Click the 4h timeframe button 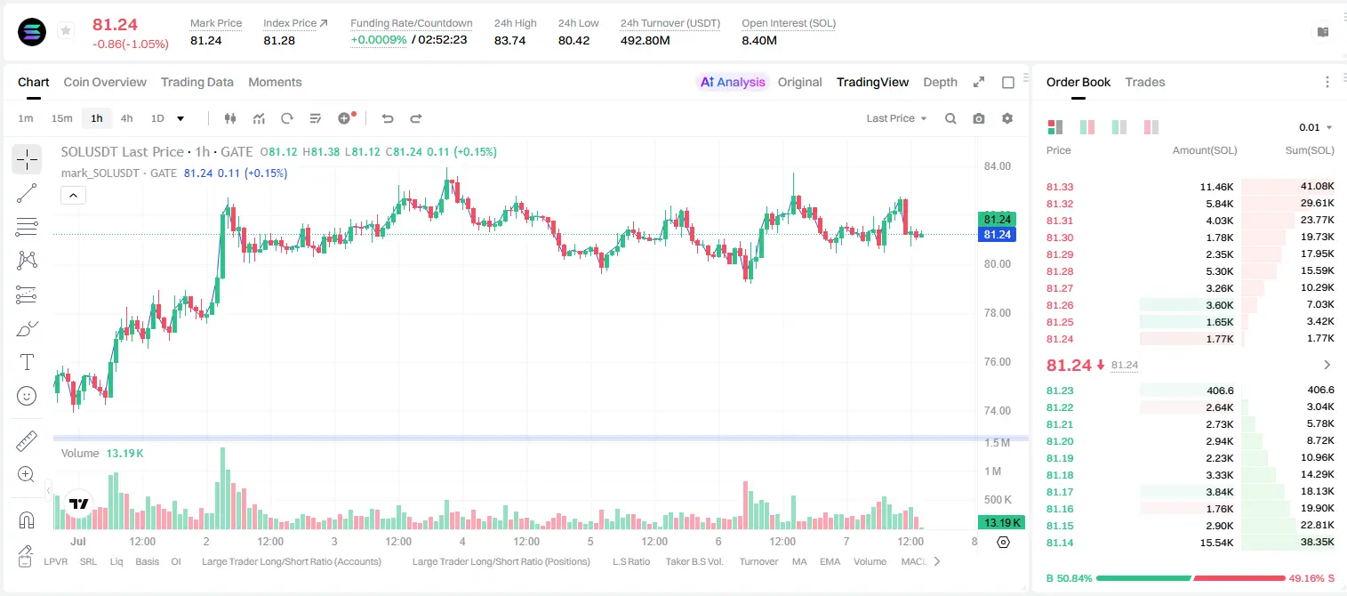[x=126, y=118]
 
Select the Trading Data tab [x=197, y=83]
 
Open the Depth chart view [x=940, y=83]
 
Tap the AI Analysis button [x=733, y=83]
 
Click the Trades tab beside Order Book [x=1145, y=83]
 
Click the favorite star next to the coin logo [x=66, y=30]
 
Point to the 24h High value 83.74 [x=510, y=40]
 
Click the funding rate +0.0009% [x=379, y=40]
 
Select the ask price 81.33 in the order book [x=1060, y=187]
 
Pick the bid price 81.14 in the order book [x=1060, y=543]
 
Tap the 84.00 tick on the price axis [x=998, y=166]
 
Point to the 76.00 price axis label [x=998, y=361]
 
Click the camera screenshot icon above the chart [x=979, y=118]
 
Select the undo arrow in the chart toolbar [x=388, y=118]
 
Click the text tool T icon [x=27, y=362]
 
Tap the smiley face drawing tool [x=27, y=396]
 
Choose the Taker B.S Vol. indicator [x=694, y=561]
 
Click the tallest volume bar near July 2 [x=222, y=488]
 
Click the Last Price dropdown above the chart [x=896, y=118]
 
